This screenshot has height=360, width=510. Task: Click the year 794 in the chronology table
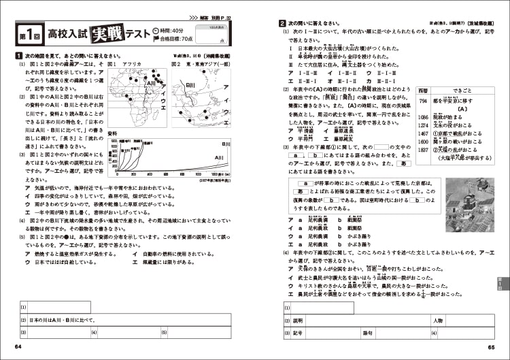point(422,100)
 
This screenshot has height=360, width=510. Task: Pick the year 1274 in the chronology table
point(423,125)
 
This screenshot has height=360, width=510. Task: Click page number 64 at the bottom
point(18,347)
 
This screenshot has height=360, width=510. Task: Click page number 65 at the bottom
point(492,347)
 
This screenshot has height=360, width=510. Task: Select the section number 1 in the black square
point(17,55)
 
